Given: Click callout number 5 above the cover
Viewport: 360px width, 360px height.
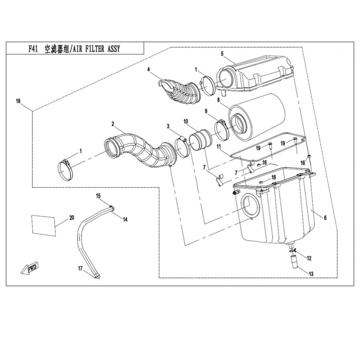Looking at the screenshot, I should pos(222,54).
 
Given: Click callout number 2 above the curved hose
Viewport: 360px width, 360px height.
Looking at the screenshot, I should pos(113,124).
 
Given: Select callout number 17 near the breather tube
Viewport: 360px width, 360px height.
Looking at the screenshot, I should pos(80,269).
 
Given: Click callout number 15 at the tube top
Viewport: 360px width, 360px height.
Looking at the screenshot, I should pos(97,195).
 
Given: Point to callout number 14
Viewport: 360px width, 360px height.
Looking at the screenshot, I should pos(126,219).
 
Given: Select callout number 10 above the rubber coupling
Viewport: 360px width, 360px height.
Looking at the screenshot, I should pos(185,121).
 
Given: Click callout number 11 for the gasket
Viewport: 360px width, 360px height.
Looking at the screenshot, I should pos(219,147).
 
